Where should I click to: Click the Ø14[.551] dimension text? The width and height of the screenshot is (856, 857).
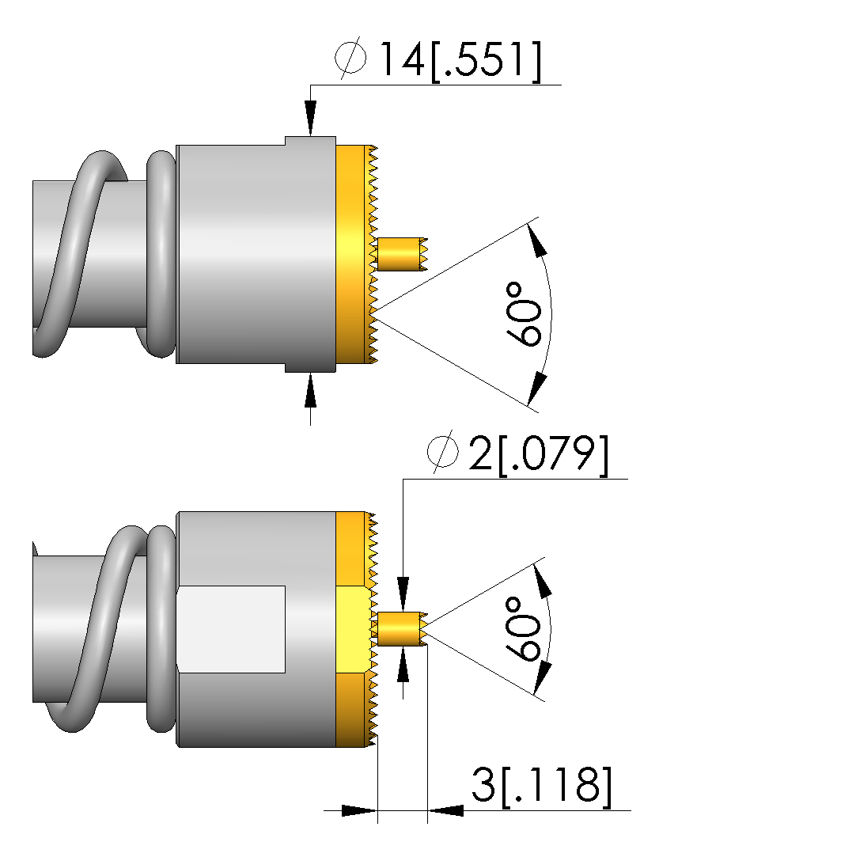(x=438, y=60)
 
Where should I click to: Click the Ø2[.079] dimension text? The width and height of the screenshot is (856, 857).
(x=518, y=453)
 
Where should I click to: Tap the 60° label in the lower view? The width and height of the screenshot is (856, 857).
(x=523, y=628)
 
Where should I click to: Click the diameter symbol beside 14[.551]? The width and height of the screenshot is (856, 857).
(x=350, y=58)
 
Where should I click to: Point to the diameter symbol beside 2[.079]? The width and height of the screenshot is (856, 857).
(x=442, y=453)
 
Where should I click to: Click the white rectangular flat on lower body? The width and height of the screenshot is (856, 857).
(x=231, y=629)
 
